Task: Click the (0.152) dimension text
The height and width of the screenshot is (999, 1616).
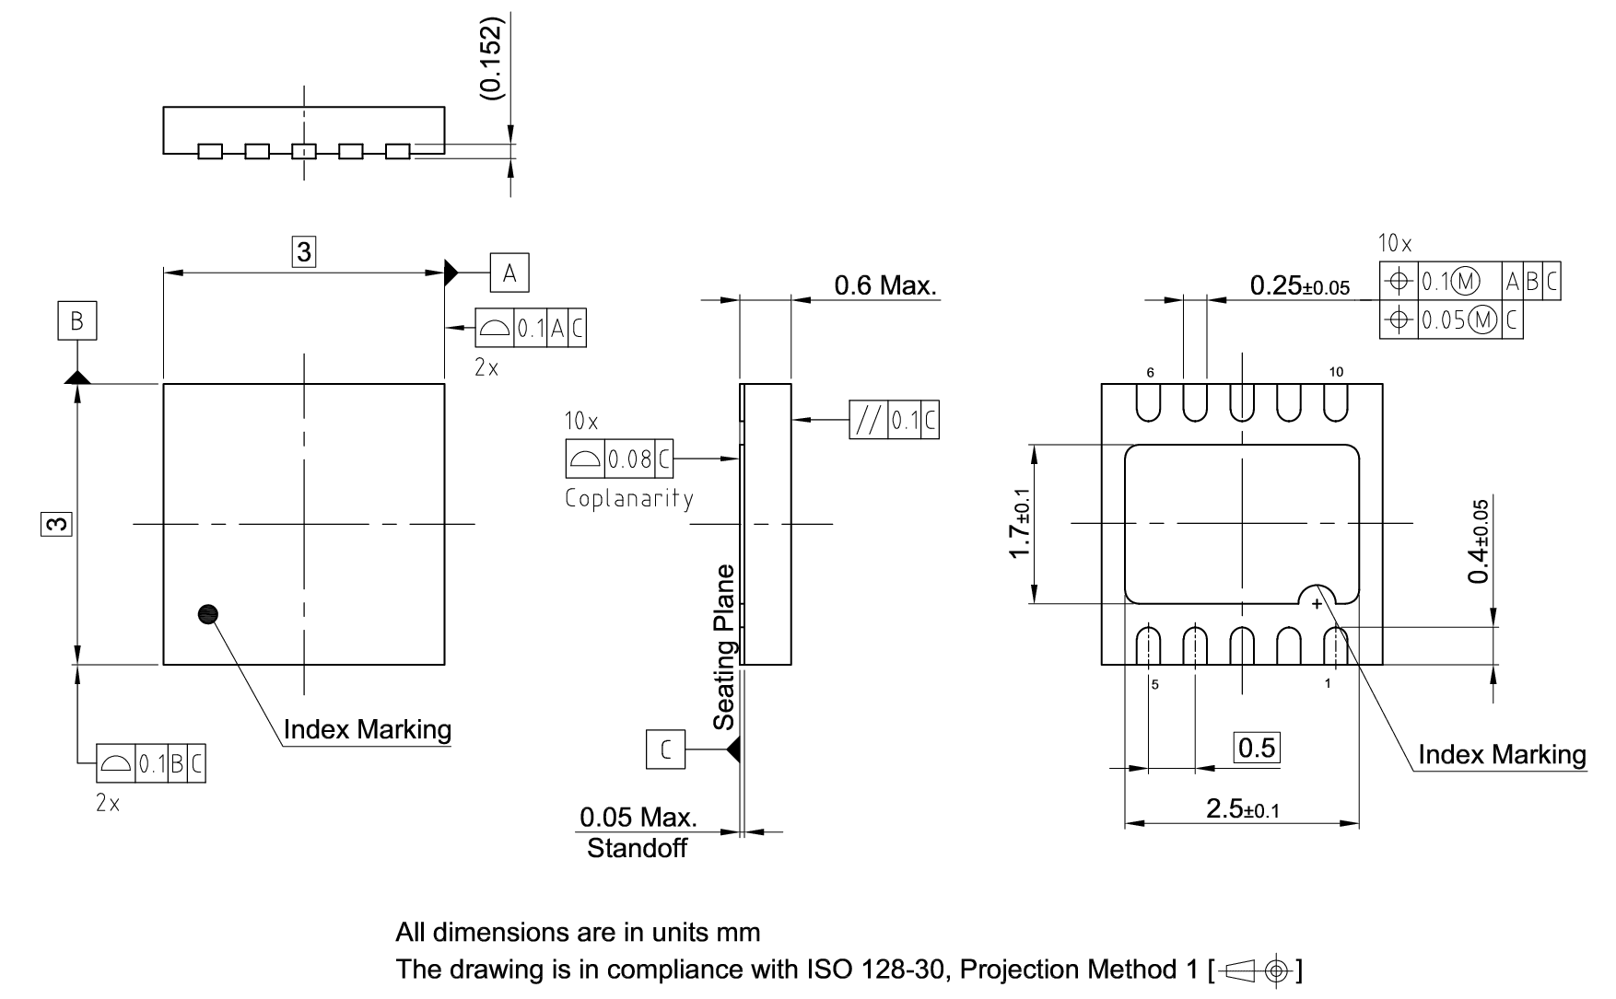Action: pos(491,57)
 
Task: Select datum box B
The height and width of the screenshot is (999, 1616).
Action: pos(77,320)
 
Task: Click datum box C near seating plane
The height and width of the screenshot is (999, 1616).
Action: pos(665,750)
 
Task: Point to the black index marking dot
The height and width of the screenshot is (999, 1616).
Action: pos(209,614)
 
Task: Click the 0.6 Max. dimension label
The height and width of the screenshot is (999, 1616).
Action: pos(884,285)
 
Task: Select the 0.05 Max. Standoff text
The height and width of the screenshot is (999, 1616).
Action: pos(638,832)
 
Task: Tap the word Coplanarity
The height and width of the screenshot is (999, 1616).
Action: pos(629,499)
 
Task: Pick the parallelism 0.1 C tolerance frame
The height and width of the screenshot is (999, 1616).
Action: pos(894,420)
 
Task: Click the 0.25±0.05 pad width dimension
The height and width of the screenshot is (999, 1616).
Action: pos(1299,286)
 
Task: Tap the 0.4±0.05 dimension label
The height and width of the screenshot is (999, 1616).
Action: pos(1479,541)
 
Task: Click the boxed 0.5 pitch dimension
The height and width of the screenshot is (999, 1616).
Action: pos(1257,748)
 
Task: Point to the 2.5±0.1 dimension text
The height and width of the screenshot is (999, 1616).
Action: pos(1242,809)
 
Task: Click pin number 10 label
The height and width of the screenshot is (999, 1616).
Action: pos(1336,372)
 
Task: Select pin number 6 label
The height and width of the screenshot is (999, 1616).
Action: pos(1150,373)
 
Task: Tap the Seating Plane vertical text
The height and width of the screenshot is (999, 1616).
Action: pos(726,646)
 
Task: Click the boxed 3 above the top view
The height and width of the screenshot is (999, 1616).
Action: pos(304,251)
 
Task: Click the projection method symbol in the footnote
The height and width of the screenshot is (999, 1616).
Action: pos(1258,970)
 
